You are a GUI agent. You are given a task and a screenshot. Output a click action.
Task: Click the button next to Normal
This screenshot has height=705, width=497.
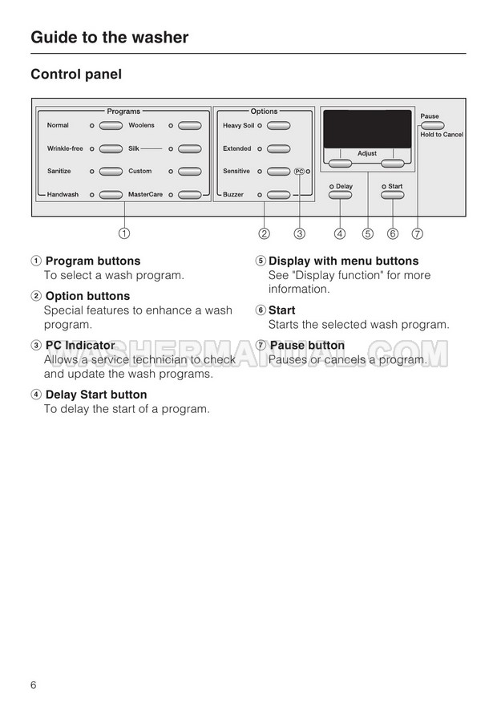tap(111, 126)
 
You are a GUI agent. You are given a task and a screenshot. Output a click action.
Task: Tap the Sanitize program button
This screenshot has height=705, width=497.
tap(111, 172)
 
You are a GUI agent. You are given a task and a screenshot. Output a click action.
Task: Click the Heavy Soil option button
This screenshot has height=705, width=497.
tap(278, 126)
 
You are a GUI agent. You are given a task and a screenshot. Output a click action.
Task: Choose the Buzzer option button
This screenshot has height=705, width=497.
tap(278, 195)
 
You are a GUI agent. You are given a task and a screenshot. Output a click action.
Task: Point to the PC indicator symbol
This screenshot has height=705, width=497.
tap(299, 172)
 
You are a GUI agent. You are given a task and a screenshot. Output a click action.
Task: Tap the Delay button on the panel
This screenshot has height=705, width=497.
tap(341, 195)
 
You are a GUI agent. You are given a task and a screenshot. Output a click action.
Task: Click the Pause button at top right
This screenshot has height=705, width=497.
tap(431, 125)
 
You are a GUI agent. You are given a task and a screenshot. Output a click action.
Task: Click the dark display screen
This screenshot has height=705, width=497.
tap(367, 128)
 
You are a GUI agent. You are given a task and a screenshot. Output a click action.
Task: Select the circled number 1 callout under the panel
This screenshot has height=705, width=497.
tap(125, 234)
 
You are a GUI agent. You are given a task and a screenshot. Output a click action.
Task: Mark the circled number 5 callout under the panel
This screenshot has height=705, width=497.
tap(367, 234)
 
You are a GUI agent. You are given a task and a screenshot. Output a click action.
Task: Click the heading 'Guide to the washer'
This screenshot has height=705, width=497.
tap(110, 37)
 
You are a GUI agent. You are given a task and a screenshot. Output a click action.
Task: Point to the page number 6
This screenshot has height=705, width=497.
tap(34, 685)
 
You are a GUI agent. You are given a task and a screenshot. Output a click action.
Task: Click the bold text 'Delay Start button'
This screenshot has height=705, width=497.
tap(96, 395)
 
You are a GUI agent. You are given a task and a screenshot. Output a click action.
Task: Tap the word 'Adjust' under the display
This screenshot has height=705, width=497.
tap(367, 153)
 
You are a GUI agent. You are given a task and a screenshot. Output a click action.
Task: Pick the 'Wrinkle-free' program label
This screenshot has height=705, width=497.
tap(65, 149)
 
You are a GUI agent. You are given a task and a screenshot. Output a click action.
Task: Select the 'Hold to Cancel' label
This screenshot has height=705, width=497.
tap(442, 135)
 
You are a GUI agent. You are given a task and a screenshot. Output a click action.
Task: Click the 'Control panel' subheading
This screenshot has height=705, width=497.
tap(76, 75)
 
